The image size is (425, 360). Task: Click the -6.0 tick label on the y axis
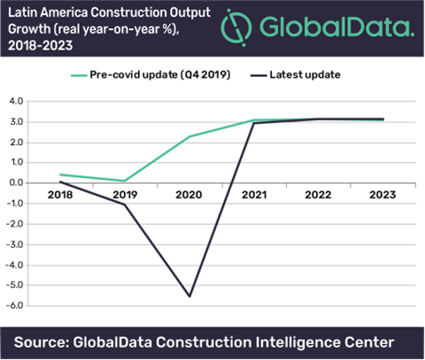17,306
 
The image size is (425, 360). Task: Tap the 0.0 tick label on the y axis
18,183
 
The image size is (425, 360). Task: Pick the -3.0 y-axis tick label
17,244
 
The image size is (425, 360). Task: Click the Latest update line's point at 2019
123,204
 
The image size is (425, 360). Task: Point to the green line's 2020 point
189,136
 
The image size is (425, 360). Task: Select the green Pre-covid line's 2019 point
123,180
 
